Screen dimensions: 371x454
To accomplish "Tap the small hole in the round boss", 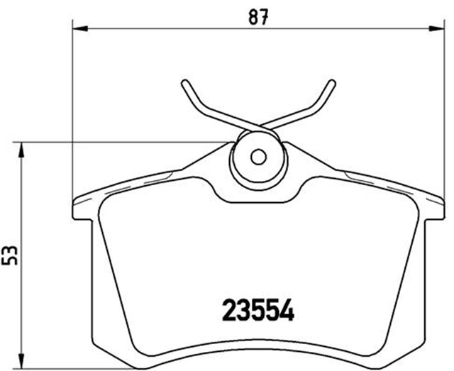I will (258, 156).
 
